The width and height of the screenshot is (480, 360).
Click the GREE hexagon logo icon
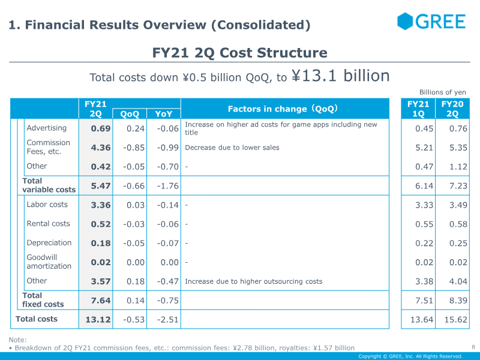[405, 21]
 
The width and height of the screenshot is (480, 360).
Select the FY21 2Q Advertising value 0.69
[101, 128]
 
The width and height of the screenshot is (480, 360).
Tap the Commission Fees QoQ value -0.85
[134, 148]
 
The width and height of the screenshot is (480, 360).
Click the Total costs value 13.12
[98, 320]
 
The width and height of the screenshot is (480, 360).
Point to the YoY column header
[164, 114]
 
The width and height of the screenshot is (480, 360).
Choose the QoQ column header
[130, 114]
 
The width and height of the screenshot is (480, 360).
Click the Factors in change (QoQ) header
[283, 109]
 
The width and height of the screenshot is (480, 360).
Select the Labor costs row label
[47, 205]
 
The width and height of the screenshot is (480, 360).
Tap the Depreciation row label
[49, 243]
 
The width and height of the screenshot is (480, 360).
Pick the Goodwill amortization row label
[49, 262]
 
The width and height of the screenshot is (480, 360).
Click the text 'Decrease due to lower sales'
[232, 148]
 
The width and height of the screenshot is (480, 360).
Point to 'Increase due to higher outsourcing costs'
[253, 281]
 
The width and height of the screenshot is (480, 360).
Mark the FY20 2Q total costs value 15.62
[456, 320]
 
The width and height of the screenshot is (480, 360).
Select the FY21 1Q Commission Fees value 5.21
[424, 148]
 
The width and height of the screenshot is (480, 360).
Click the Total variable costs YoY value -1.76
[168, 186]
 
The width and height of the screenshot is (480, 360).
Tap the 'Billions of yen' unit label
[443, 92]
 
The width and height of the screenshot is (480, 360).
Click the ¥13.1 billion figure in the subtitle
[340, 76]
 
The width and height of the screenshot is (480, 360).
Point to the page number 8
[473, 347]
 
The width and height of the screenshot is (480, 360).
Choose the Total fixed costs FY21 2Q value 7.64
[101, 301]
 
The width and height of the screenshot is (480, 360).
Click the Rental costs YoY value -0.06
[168, 224]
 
